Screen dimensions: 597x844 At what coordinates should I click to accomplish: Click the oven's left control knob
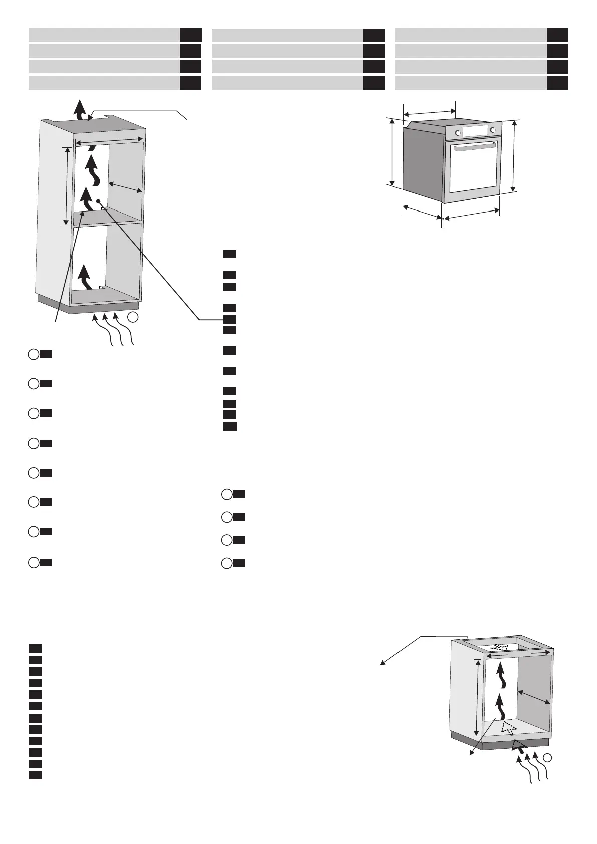tap(458, 133)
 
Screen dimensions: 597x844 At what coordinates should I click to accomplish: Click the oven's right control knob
tap(493, 130)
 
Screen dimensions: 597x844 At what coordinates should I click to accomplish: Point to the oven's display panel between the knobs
tap(475, 131)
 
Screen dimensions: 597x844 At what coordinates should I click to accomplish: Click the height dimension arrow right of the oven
tap(513, 155)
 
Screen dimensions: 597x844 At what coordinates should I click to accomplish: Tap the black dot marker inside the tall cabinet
tap(99, 201)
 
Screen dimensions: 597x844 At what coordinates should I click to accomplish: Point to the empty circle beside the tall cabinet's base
tap(133, 317)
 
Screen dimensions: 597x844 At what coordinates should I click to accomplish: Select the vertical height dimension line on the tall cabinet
tap(66, 185)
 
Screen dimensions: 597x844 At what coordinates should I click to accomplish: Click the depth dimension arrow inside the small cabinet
tap(533, 697)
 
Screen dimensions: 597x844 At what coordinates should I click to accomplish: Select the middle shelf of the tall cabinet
tap(108, 217)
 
